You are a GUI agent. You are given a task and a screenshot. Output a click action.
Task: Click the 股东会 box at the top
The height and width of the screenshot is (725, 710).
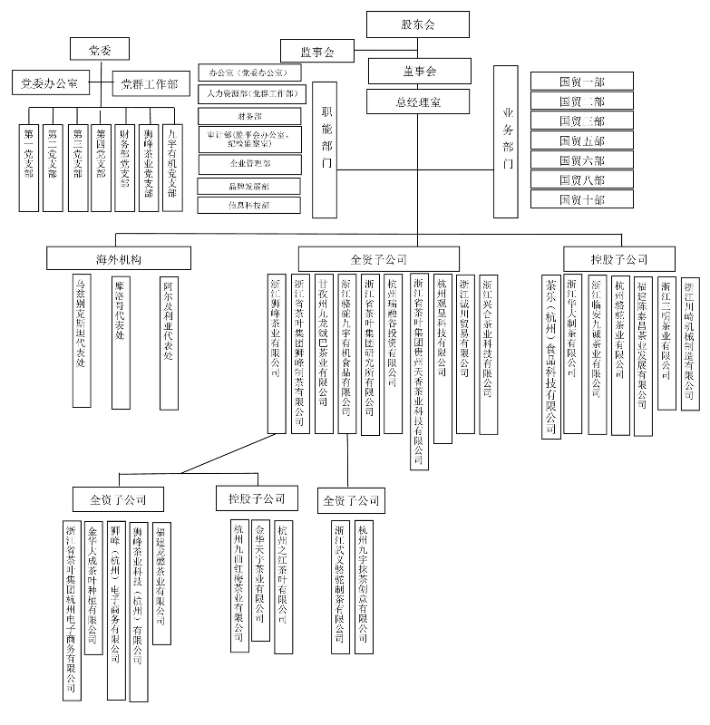418,24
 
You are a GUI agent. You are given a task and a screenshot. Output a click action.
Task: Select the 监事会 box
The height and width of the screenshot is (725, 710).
316,52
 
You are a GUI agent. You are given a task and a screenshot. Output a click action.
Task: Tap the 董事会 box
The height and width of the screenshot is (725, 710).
418,71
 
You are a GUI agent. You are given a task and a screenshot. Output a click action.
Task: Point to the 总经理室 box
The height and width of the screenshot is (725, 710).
418,101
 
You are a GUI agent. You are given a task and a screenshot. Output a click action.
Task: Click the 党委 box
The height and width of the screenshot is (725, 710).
101,50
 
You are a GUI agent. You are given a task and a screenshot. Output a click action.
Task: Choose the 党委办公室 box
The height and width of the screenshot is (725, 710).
50,83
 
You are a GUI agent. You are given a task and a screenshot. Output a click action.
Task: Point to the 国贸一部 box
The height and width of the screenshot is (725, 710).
582,81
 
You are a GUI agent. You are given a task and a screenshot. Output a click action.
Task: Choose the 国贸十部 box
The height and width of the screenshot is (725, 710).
582,199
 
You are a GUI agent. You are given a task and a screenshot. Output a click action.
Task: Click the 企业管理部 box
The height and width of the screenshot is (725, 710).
248,164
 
